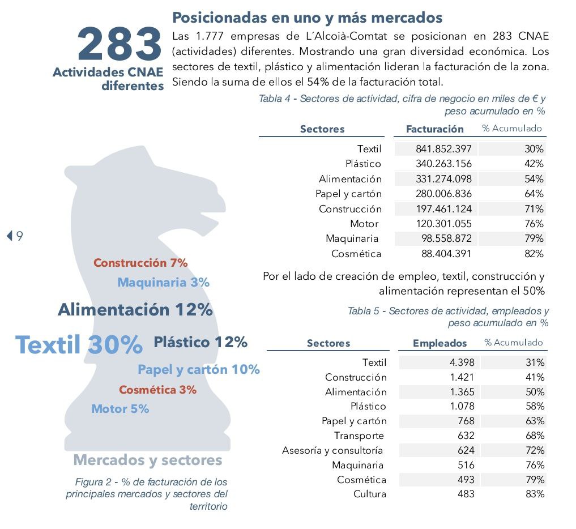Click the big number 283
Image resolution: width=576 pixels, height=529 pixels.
120,44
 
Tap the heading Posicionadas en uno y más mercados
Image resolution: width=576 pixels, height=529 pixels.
308,18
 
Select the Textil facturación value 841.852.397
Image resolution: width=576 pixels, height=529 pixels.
443,149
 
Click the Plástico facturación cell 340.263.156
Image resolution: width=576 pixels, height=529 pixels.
443,164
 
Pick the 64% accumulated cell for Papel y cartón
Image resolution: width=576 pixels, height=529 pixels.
534,194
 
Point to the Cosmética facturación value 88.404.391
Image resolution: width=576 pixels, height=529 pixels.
446,254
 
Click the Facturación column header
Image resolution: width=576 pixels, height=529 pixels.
434,129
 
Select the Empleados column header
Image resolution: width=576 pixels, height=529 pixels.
440,343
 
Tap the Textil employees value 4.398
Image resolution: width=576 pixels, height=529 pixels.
462,362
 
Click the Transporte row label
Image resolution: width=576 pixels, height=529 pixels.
359,436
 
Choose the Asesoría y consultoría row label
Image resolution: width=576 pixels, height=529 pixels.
332,450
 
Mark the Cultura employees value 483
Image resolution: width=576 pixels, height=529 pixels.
466,494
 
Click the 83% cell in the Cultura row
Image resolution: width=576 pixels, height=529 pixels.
535,494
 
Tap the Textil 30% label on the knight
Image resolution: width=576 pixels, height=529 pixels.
79,344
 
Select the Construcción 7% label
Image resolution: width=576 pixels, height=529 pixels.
140,263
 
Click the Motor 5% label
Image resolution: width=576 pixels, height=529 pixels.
120,408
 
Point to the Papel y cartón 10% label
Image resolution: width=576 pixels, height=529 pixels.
199,370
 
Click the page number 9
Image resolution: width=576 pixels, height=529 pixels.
19,236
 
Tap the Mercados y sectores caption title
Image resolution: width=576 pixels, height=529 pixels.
148,460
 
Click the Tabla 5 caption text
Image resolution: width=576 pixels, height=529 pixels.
448,317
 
